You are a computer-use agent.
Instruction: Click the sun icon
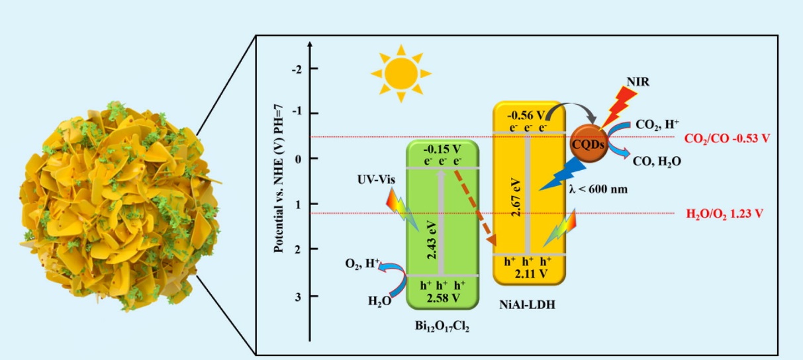click(x=401, y=72)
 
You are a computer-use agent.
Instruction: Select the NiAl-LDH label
click(x=530, y=308)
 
